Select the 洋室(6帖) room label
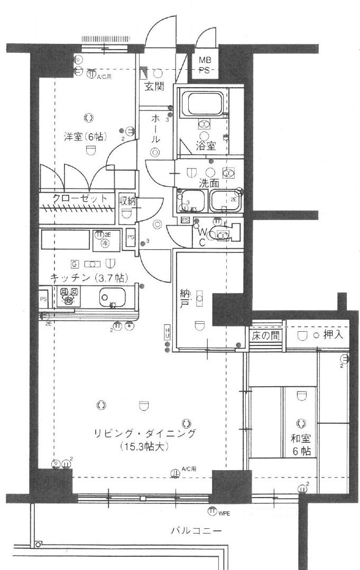tap(85, 136)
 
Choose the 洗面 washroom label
tap(208, 183)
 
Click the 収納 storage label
tap(127, 200)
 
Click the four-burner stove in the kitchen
tap(69, 297)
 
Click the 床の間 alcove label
tap(266, 335)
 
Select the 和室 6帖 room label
tap(301, 444)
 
